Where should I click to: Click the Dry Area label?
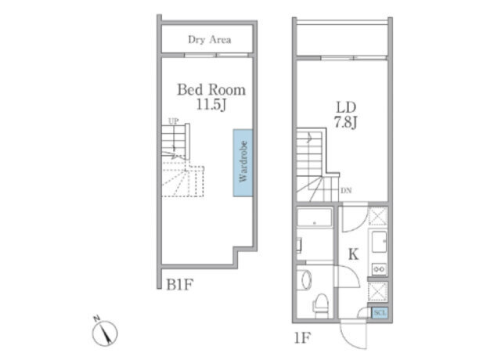click(x=210, y=40)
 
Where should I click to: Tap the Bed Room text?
click(x=211, y=90)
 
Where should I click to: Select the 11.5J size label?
click(x=211, y=104)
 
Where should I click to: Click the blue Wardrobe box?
click(x=243, y=163)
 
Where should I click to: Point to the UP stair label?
click(x=174, y=121)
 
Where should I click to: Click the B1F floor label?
click(x=179, y=285)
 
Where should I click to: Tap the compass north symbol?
click(x=104, y=332)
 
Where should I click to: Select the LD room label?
click(x=346, y=108)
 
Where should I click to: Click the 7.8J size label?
click(x=346, y=122)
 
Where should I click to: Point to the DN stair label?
click(x=346, y=191)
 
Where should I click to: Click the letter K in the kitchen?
click(x=353, y=254)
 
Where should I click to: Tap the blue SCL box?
click(x=380, y=312)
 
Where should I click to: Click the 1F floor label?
click(x=302, y=338)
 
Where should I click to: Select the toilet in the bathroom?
click(x=321, y=306)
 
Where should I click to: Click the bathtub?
click(x=315, y=218)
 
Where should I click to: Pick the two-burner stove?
click(x=379, y=269)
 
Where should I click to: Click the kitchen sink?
click(x=379, y=242)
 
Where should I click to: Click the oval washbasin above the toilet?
click(x=305, y=280)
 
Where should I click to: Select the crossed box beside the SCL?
click(x=378, y=291)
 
